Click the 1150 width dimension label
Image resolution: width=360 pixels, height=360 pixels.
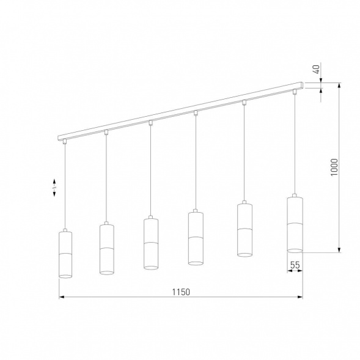coord(181,292)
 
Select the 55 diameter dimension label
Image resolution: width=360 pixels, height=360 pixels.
coord(295,265)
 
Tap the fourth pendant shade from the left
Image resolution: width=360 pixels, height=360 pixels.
coord(195,237)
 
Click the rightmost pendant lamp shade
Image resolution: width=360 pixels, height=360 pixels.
coord(295,224)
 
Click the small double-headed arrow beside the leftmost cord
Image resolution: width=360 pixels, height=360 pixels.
coord(54,187)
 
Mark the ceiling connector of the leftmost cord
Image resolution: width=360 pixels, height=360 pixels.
coord(64,142)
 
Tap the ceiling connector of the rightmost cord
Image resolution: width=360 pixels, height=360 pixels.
coord(295,92)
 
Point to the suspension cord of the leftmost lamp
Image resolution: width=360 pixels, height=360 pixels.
coord(64,183)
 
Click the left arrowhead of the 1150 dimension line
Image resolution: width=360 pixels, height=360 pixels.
coord(61,298)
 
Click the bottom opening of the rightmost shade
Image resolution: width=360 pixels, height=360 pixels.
coord(295,249)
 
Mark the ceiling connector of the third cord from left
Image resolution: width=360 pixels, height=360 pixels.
coord(150,123)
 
